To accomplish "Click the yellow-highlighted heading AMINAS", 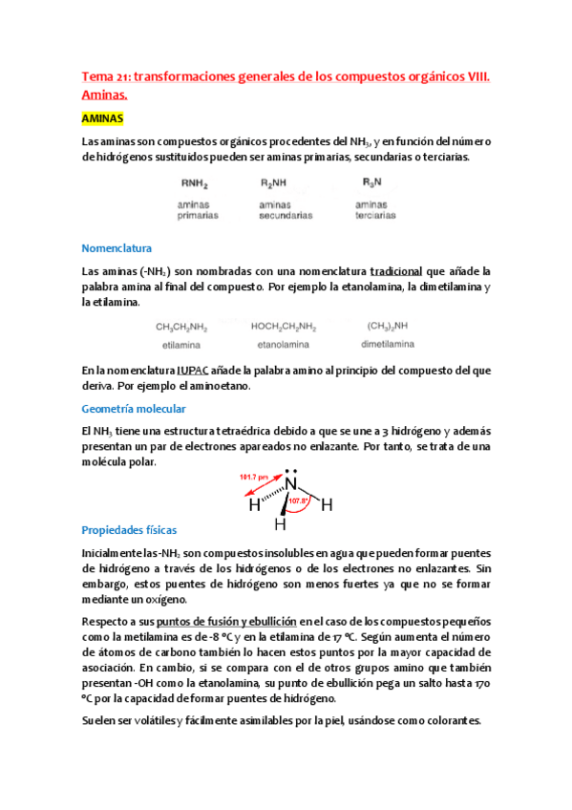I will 103,118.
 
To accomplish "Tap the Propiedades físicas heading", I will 130,529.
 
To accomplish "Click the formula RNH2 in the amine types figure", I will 195,183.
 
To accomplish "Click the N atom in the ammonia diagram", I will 291,484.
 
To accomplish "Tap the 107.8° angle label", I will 311,501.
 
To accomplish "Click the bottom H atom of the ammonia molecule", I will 281,524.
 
